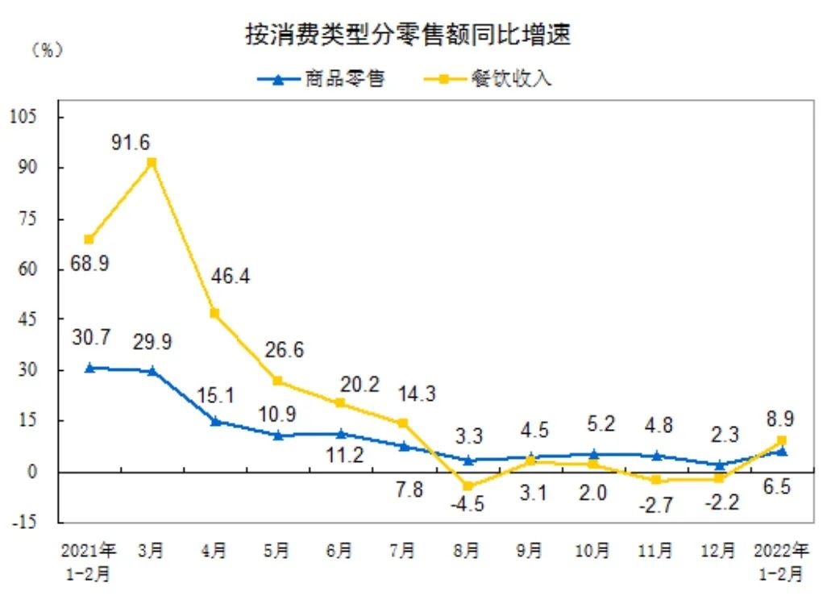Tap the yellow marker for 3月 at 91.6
pyautogui.click(x=152, y=163)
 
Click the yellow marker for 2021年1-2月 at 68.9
pyautogui.click(x=89, y=240)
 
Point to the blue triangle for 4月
pyautogui.click(x=215, y=420)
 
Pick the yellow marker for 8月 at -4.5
pyautogui.click(x=468, y=486)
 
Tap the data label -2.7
pyautogui.click(x=656, y=506)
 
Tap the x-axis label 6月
pyautogui.click(x=340, y=552)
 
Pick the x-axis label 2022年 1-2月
pyautogui.click(x=782, y=562)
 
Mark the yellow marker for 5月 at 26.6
pyautogui.click(x=278, y=381)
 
